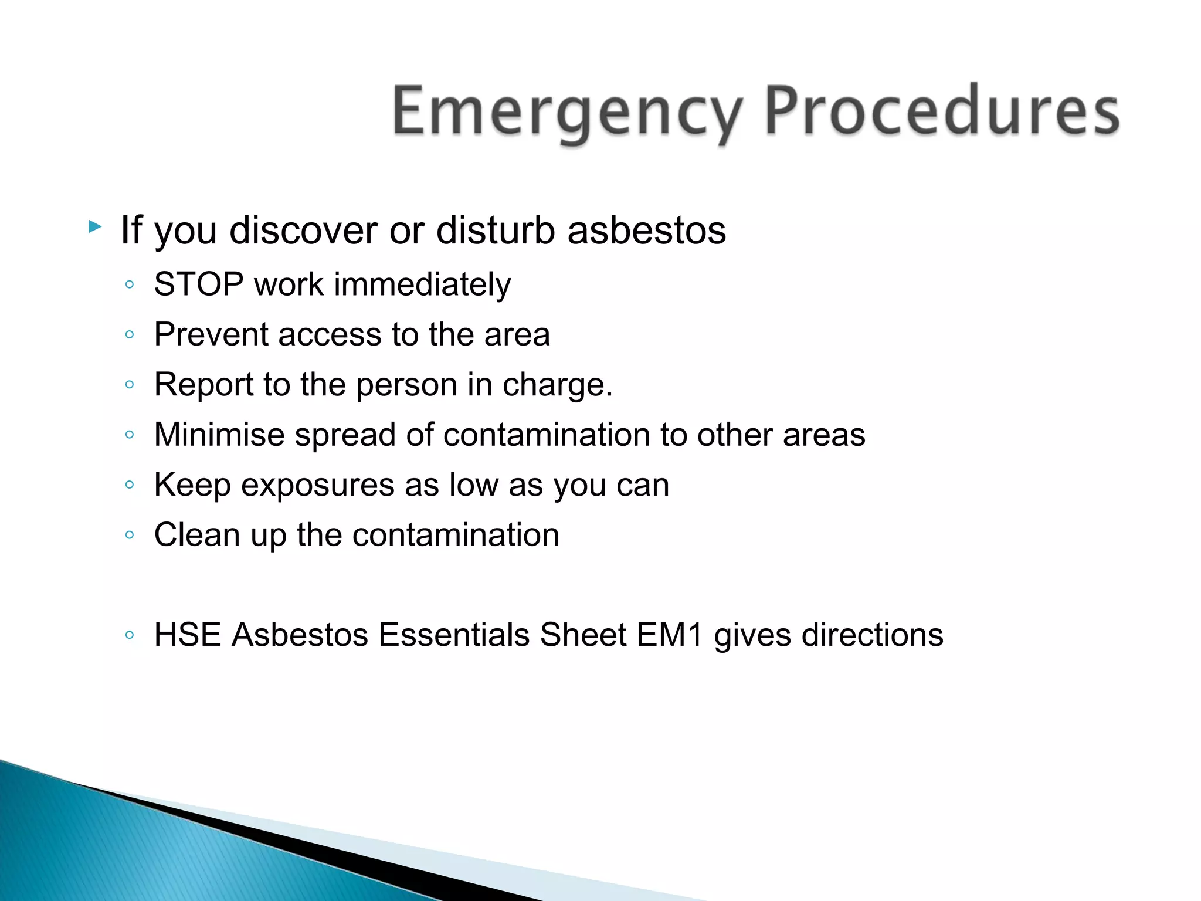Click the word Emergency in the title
tap(566, 111)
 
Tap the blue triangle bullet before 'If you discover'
tap(94, 226)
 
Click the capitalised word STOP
tap(199, 284)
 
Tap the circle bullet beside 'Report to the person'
tap(130, 385)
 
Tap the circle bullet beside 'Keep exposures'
tap(130, 485)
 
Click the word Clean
tap(197, 535)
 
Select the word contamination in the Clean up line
tap(456, 535)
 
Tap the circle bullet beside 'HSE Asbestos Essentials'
tap(130, 635)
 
